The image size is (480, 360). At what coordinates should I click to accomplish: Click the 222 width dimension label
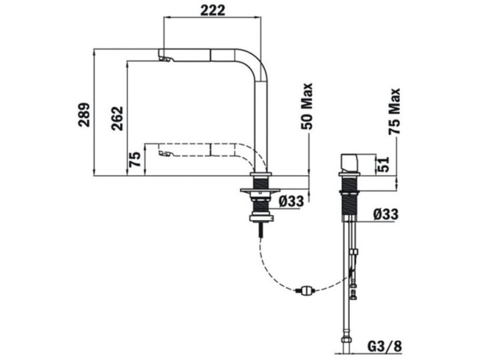point(213,10)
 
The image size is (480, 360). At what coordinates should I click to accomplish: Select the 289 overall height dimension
point(84,115)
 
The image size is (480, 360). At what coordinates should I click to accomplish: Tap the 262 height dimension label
point(117,118)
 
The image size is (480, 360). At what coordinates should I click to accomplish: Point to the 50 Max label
point(307,106)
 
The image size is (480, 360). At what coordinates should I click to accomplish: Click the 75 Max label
point(394,111)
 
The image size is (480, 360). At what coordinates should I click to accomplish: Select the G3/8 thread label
point(385,347)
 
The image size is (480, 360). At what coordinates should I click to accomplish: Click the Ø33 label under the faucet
point(292,201)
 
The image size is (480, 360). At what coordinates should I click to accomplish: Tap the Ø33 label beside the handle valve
point(386,214)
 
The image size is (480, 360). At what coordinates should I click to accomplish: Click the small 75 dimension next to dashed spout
point(135,159)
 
